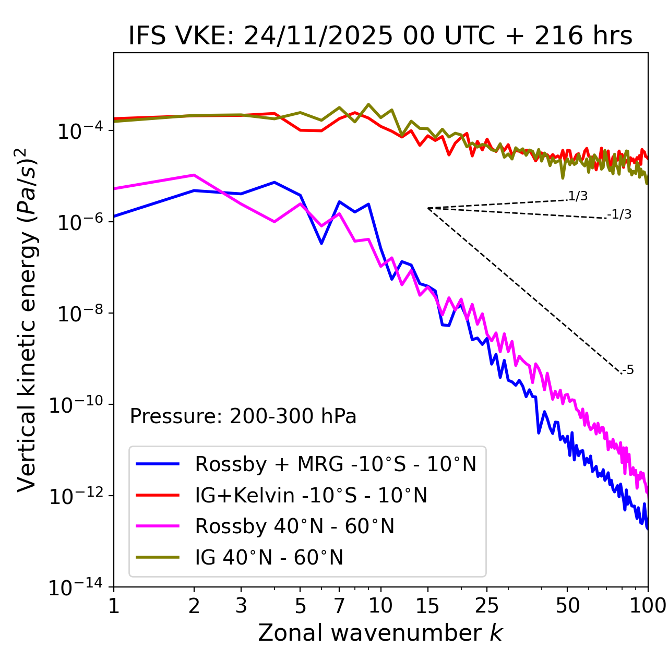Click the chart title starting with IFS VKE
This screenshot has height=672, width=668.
(380, 37)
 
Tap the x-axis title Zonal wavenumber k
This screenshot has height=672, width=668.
(380, 633)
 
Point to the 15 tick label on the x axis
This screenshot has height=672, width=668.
(427, 606)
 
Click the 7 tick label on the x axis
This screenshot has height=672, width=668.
(339, 606)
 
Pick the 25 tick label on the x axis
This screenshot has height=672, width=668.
(486, 606)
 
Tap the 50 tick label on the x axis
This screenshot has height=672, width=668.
(567, 606)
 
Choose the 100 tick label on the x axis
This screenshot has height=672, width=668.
(648, 606)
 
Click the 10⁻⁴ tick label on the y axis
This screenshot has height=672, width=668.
(78, 130)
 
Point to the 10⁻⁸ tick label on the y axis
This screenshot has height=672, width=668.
(78, 314)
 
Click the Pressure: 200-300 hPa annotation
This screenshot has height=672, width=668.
(243, 416)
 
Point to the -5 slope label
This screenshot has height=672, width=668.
(628, 370)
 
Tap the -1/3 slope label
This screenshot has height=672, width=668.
(619, 214)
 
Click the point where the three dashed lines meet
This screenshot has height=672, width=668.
(428, 208)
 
